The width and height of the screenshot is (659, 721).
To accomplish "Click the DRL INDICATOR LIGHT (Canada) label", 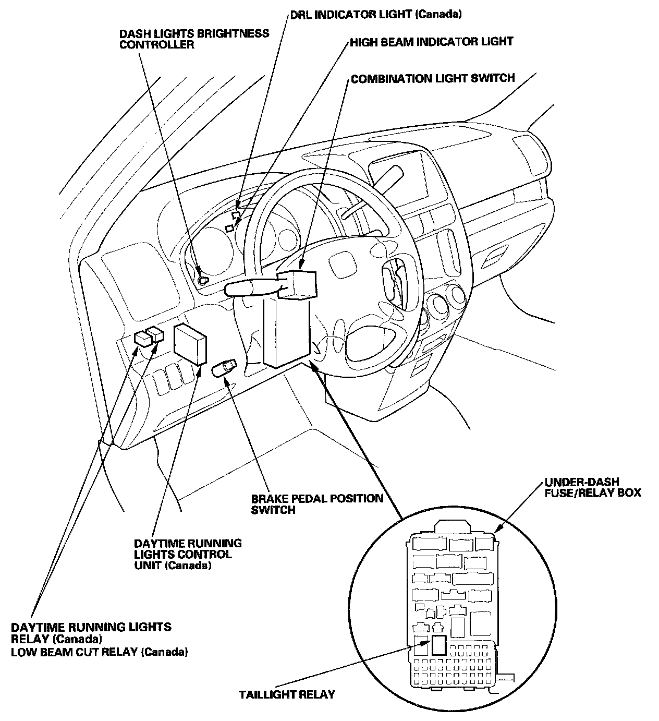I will click(x=375, y=14).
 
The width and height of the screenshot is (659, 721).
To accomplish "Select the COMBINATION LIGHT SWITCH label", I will click(x=433, y=79).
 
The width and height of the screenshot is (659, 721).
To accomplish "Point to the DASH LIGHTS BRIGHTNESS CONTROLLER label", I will click(x=194, y=39).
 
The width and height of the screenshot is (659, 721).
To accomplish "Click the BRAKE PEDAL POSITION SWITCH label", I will click(x=317, y=504).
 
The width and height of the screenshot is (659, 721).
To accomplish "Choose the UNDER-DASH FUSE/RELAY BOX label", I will click(x=593, y=487).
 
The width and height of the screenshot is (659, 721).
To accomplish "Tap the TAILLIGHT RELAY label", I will click(x=287, y=694).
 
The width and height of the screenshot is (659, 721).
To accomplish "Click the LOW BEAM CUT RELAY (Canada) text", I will click(x=100, y=652).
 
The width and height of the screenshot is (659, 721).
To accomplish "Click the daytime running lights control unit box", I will click(x=190, y=343).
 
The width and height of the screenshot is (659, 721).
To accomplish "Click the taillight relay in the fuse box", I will click(x=438, y=645).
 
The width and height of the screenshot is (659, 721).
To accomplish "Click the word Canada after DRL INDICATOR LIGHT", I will click(x=440, y=14).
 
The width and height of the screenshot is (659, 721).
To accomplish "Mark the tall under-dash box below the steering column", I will click(x=286, y=331).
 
